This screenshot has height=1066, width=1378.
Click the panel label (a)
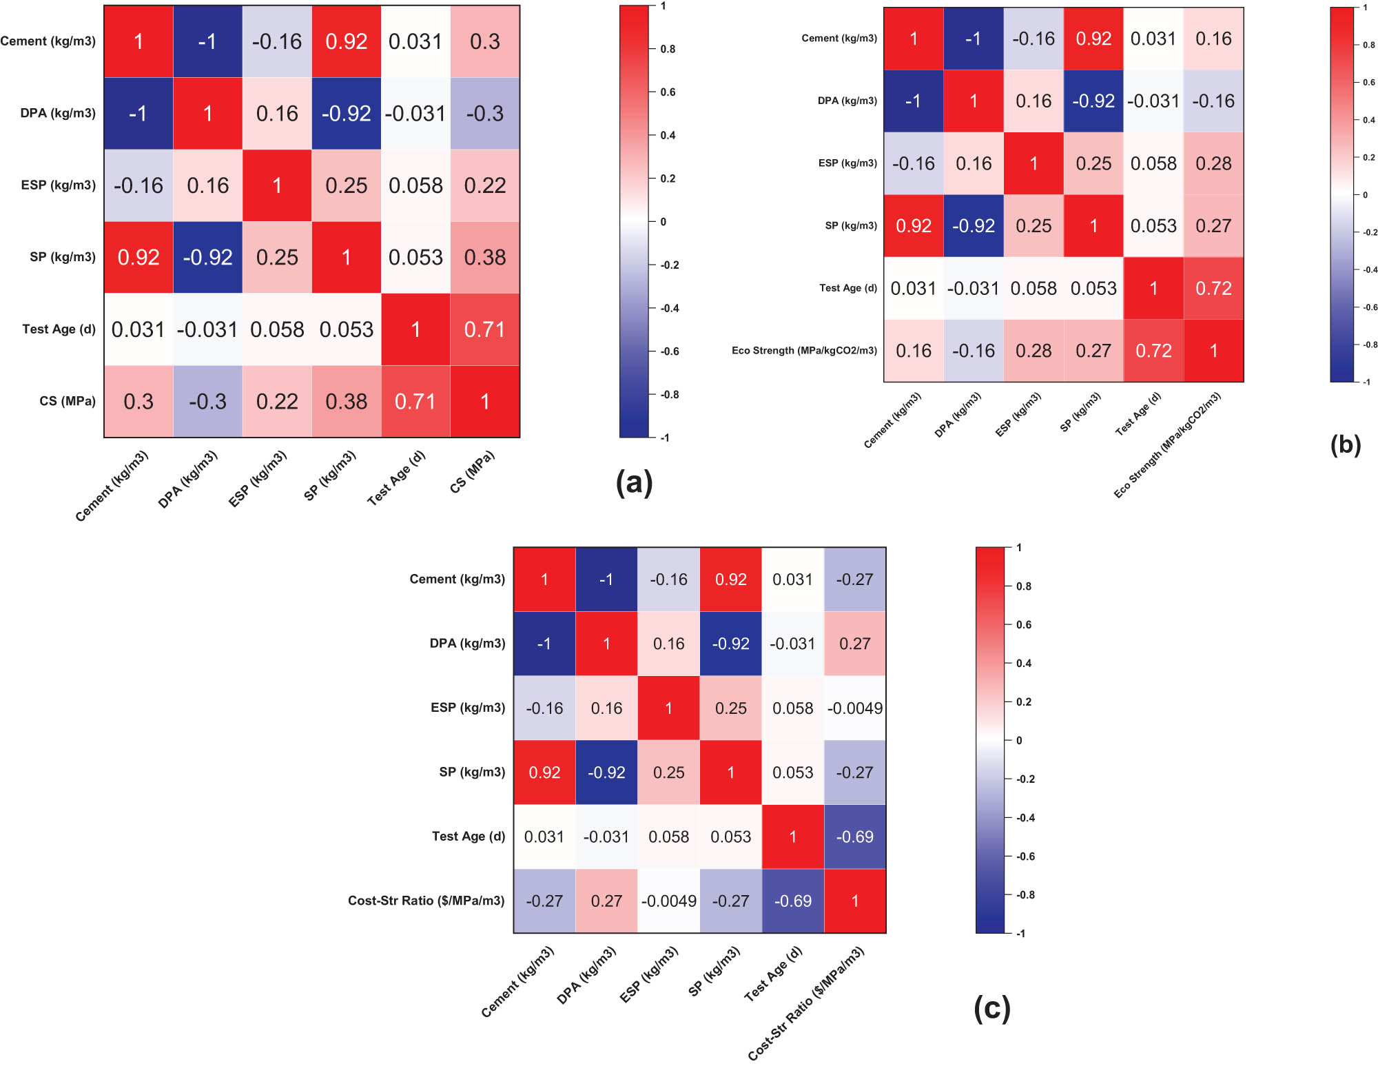(x=634, y=482)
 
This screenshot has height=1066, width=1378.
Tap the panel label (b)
(x=1345, y=444)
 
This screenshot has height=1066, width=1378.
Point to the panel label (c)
(x=991, y=1007)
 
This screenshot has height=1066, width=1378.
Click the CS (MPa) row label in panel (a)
(x=68, y=401)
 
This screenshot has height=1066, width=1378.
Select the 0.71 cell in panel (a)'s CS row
(x=415, y=401)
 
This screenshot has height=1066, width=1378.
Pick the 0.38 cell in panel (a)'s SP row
(x=485, y=257)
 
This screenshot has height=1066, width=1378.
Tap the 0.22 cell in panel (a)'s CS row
(x=277, y=401)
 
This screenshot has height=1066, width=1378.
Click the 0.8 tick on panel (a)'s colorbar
(x=668, y=49)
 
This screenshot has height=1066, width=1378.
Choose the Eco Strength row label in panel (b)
(x=804, y=351)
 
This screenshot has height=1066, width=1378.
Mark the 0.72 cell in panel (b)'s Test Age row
(x=1213, y=288)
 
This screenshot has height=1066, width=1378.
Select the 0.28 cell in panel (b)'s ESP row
(x=1213, y=163)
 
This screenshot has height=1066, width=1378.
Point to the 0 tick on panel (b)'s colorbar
(x=1365, y=195)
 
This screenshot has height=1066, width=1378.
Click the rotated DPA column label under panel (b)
(x=958, y=415)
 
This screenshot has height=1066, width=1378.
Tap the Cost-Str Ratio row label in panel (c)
(x=426, y=901)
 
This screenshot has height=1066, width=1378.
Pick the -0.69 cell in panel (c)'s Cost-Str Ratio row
(x=792, y=901)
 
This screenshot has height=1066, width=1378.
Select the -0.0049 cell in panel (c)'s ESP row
(x=854, y=708)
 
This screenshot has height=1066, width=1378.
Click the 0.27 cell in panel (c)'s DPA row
(x=854, y=644)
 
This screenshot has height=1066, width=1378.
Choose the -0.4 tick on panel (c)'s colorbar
(x=1026, y=818)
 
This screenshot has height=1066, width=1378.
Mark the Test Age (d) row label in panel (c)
(x=468, y=837)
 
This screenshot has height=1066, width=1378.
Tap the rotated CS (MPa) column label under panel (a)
(x=473, y=472)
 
